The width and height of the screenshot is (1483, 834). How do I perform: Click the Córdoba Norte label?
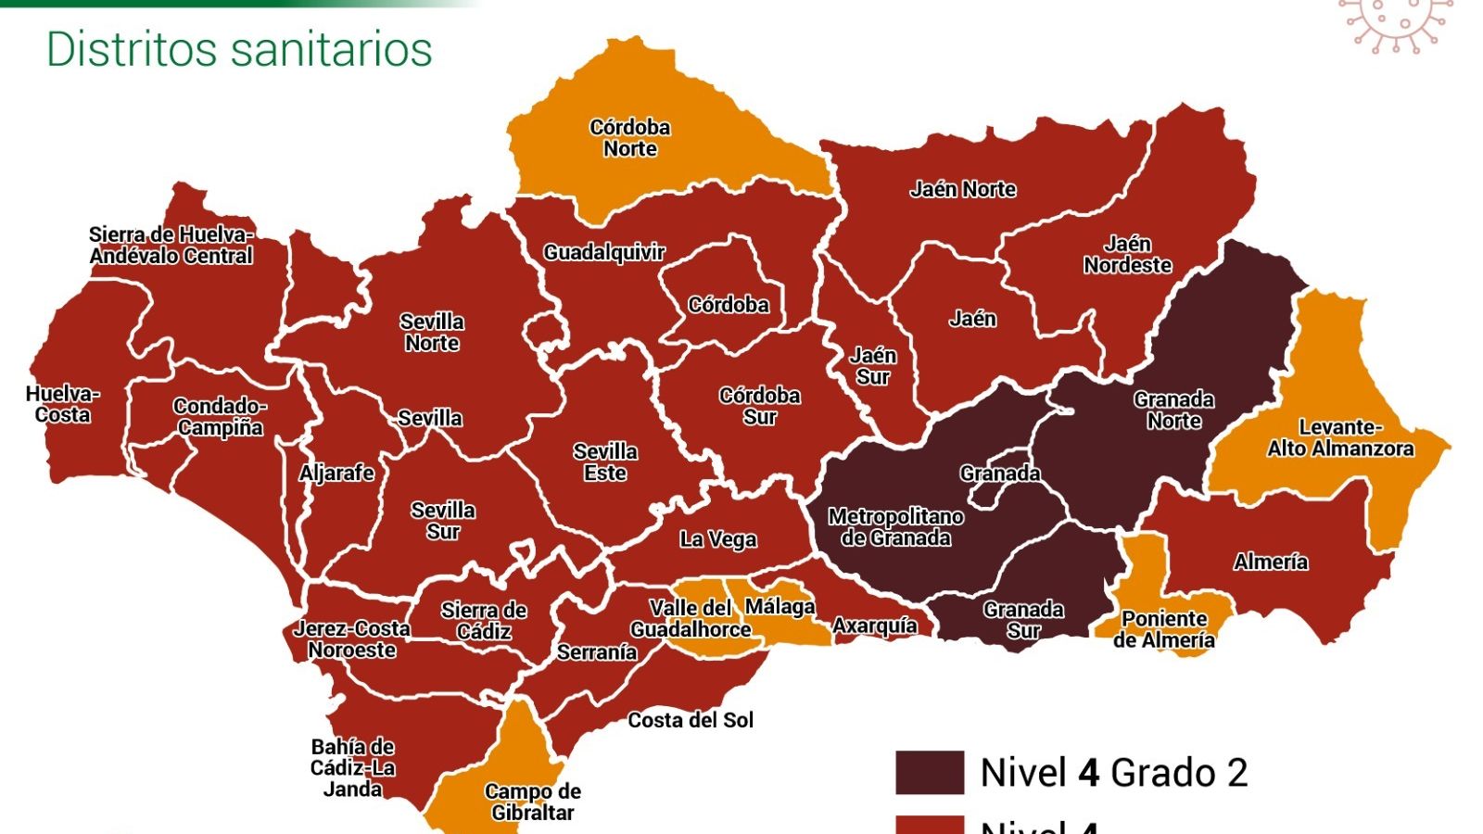point(630,138)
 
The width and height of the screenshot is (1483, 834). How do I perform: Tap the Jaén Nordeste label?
point(1128,255)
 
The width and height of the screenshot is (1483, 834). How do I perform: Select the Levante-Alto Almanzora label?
point(1340,438)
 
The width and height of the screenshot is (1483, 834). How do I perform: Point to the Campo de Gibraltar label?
point(532,802)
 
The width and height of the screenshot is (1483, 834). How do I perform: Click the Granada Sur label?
point(1023,620)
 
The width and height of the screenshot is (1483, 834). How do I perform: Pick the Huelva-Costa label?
point(62,405)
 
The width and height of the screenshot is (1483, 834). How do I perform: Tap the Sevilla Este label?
point(605,462)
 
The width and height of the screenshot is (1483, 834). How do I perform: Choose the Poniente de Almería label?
point(1164,629)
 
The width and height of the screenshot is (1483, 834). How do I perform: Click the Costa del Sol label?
point(691,720)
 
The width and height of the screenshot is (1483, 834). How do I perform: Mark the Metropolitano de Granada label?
point(895,527)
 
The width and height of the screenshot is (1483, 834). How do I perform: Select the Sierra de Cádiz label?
point(484,621)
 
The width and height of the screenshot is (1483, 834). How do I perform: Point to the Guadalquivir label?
point(604,252)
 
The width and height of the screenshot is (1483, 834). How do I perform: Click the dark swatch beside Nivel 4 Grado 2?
point(929,772)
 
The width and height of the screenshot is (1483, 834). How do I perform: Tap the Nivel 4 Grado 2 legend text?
point(1114,772)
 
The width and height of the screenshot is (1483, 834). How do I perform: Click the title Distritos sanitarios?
point(239,49)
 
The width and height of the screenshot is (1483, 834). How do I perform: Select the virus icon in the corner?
point(1395,23)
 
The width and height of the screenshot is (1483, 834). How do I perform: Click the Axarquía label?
point(875,626)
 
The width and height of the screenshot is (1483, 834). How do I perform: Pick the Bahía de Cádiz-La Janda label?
point(352,767)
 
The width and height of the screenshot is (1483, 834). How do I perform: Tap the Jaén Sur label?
point(873,366)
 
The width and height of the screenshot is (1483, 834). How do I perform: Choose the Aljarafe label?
point(336,474)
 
